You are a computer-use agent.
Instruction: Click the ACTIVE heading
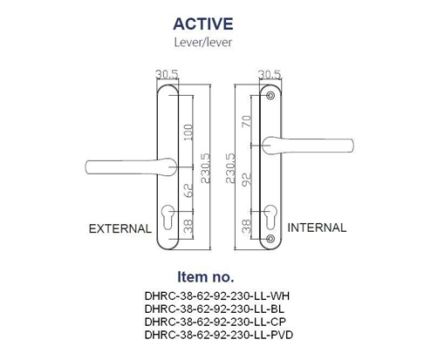[203, 24]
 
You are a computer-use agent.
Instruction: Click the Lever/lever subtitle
[203, 43]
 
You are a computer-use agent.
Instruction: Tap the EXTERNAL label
[120, 228]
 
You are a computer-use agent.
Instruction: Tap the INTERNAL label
[317, 228]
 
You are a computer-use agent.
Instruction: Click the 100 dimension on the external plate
[188, 132]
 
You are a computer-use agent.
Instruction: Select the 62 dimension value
[188, 191]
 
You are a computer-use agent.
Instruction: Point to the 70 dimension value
[247, 121]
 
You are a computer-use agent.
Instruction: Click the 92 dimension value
[247, 180]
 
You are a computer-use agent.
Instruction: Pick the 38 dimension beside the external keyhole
[188, 226]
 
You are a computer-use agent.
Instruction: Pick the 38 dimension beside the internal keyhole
[247, 227]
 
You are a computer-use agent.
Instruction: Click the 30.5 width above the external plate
[167, 74]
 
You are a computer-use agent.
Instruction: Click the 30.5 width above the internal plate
[270, 74]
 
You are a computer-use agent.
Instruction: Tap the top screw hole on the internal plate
[271, 96]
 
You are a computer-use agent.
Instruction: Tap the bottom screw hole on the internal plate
[270, 239]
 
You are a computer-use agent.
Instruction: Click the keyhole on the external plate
[168, 217]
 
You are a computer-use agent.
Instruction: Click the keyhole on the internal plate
[270, 217]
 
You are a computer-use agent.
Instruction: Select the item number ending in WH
[217, 296]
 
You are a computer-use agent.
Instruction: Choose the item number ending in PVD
[219, 335]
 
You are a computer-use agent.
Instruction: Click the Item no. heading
[206, 277]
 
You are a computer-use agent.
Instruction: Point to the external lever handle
[131, 166]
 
